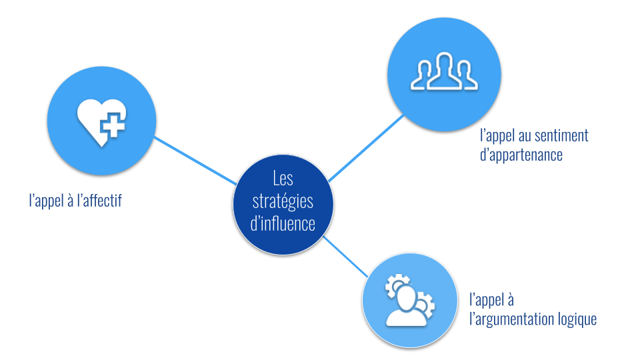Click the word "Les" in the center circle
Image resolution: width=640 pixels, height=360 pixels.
click(x=283, y=179)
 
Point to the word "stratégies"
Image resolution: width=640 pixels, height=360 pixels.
click(x=283, y=201)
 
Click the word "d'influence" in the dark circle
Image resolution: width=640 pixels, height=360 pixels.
click(x=283, y=223)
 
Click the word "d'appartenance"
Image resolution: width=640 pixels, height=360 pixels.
click(x=522, y=155)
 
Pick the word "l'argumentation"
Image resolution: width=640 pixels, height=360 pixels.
click(x=511, y=319)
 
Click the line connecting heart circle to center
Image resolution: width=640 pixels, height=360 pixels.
click(x=197, y=161)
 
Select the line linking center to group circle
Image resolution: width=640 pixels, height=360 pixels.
click(x=365, y=149)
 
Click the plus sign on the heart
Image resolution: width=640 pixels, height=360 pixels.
click(x=114, y=124)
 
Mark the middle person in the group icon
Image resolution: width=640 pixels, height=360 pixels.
click(x=445, y=70)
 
